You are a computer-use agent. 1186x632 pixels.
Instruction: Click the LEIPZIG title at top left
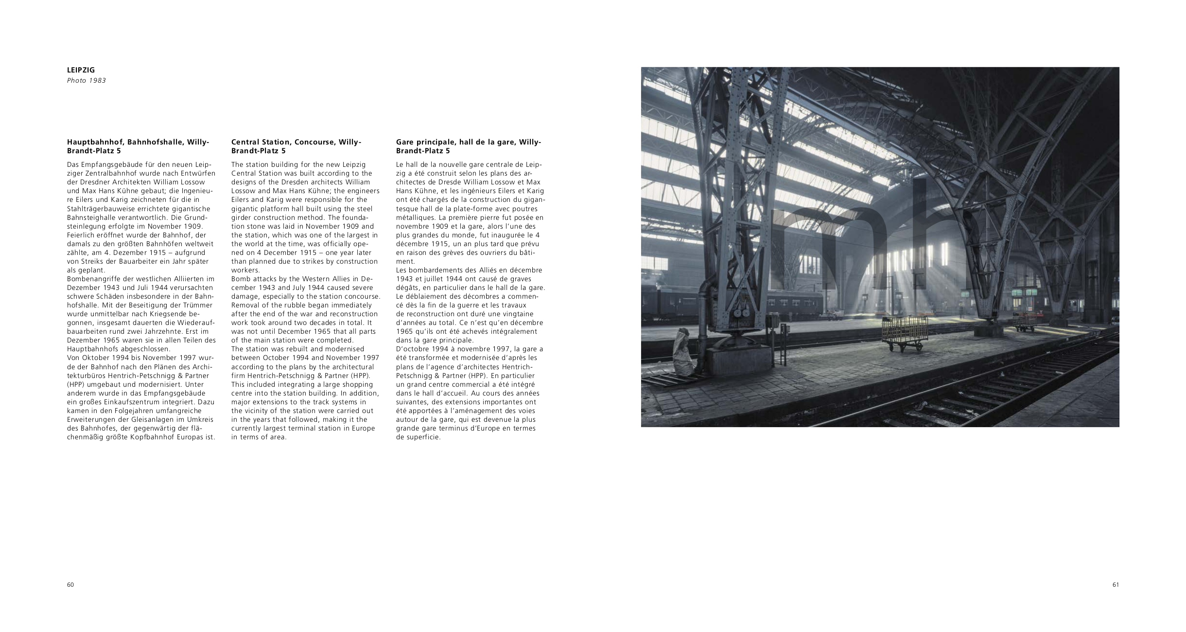tap(81, 70)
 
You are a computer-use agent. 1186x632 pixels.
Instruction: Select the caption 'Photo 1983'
tap(86, 81)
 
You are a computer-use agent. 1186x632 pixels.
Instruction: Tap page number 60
tap(70, 585)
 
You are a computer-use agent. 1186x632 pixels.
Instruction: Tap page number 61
tap(1116, 585)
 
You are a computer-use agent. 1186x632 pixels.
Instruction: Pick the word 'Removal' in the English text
tap(244, 305)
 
